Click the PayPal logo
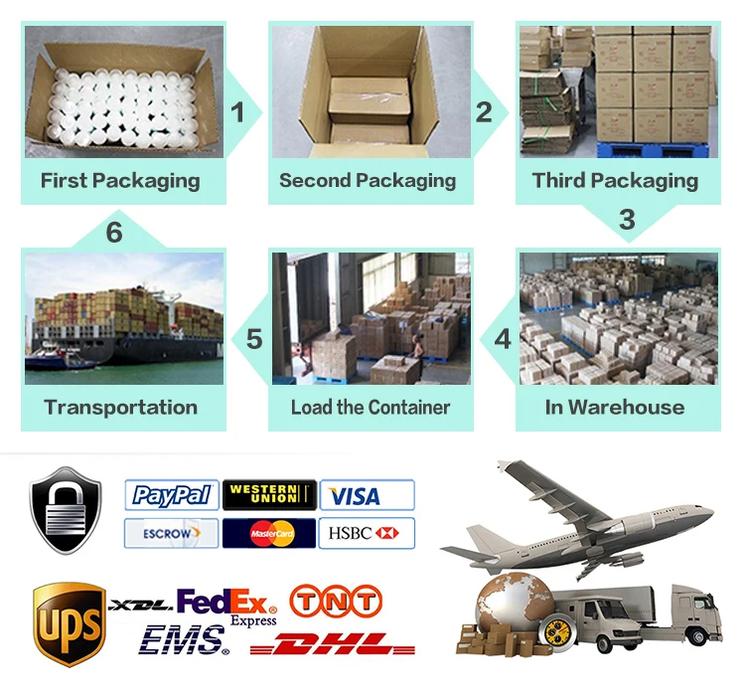point(172,495)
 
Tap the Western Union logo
point(268,494)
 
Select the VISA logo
point(366,495)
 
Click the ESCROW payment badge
point(171,533)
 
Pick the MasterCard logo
point(268,533)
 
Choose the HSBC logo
point(366,533)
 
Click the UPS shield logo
point(69,623)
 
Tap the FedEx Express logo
point(227,606)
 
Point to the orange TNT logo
point(335,601)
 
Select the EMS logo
point(185,640)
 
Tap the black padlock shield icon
point(66,510)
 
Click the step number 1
point(237,112)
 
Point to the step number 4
point(503,339)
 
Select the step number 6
point(114,233)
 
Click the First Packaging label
point(120,181)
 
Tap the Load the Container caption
point(371,407)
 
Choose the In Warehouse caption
point(615,407)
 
